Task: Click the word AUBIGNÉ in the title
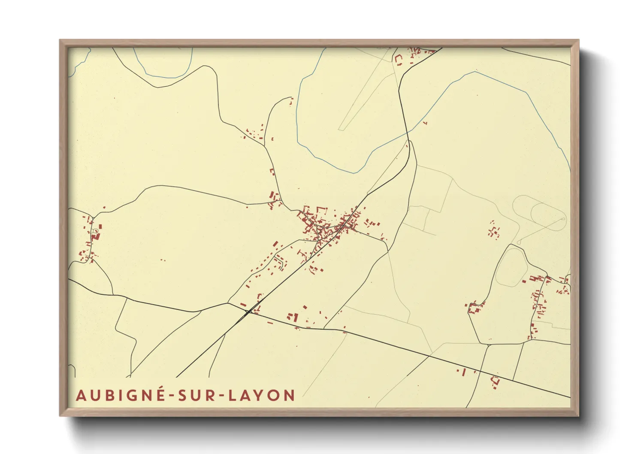coord(121,395)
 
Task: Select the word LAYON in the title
coord(261,395)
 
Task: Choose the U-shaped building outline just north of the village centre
coord(321,212)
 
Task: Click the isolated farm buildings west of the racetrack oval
coord(493,230)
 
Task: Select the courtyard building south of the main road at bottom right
coord(495,381)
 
